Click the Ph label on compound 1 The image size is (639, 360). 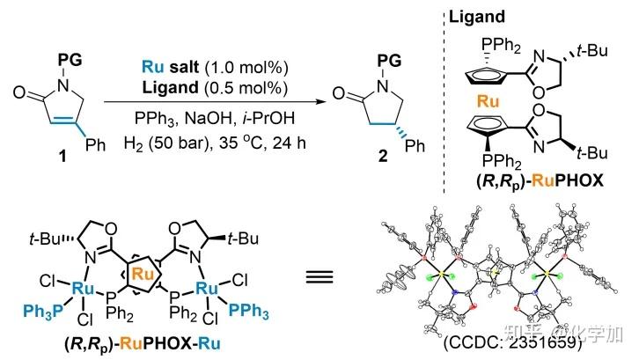pyautogui.click(x=95, y=143)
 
